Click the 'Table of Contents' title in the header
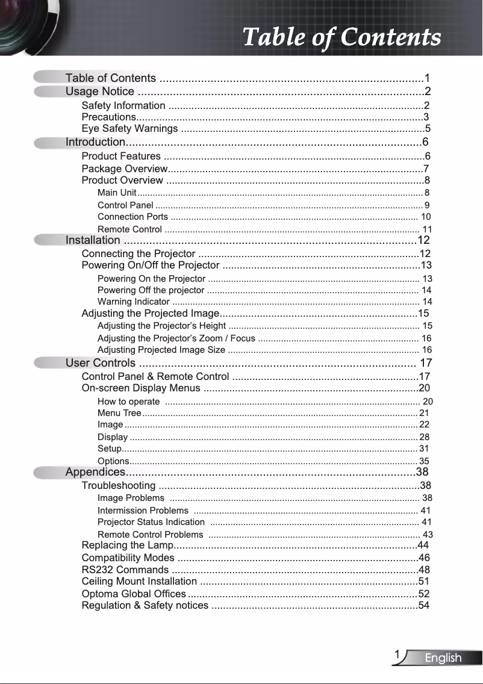(341, 37)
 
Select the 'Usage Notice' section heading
(100, 92)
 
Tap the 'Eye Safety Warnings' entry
(129, 129)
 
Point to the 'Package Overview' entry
(124, 169)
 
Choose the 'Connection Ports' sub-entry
(132, 217)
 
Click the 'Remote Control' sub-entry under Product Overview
(129, 229)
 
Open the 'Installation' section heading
(93, 241)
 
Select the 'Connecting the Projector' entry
(138, 253)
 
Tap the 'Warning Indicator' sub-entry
(133, 302)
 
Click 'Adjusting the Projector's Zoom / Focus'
(176, 338)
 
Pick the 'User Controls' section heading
(101, 363)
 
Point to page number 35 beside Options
(424, 461)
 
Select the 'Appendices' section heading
(95, 471)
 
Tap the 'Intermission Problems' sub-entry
(143, 511)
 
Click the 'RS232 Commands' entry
(125, 570)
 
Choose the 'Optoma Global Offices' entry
(133, 594)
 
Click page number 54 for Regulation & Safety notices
(423, 605)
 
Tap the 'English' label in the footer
(443, 658)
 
